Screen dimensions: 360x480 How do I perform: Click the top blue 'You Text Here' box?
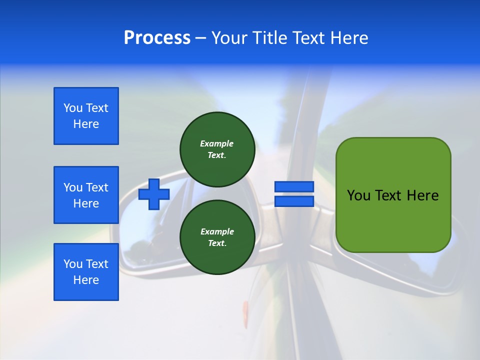point(86,116)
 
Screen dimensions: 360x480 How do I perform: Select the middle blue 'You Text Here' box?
point(86,195)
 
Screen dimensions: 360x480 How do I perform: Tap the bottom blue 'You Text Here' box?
point(86,272)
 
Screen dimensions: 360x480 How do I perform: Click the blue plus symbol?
point(154,194)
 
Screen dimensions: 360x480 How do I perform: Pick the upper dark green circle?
point(217,149)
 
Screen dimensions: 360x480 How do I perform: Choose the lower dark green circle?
point(217,237)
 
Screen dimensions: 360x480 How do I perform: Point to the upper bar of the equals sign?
point(294,186)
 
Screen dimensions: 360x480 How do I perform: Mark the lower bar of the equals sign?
point(294,201)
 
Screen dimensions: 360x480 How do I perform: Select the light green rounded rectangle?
point(393,194)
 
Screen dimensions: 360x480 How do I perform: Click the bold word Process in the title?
point(157,38)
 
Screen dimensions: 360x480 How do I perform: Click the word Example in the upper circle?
point(216,143)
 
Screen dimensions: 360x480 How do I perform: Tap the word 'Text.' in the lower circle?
point(217,243)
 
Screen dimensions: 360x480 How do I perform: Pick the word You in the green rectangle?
point(358,195)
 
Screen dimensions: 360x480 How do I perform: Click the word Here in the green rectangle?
point(422,195)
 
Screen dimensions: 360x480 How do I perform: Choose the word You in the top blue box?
point(73,108)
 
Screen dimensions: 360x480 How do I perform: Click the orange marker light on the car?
point(245,314)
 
